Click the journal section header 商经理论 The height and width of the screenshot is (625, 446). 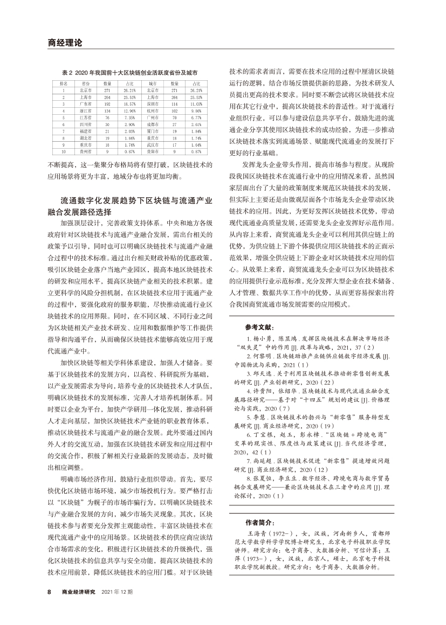point(64,42)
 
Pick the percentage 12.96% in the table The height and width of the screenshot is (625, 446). point(129,110)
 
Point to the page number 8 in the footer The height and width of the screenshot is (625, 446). point(50,592)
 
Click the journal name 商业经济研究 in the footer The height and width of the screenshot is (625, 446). point(79,592)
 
